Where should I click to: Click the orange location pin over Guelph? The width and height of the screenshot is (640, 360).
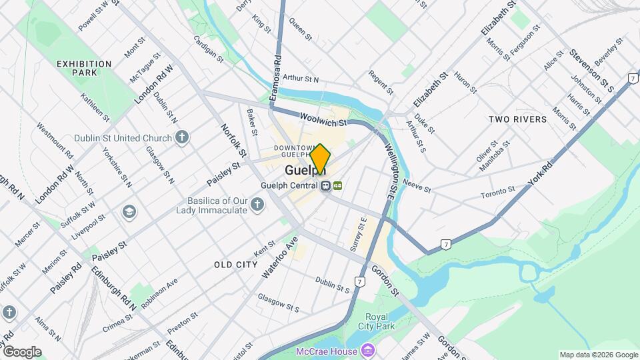[x=320, y=159]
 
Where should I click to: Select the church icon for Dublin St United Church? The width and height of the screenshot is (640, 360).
[x=182, y=138]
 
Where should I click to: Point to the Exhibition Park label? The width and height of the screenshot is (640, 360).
[x=84, y=68]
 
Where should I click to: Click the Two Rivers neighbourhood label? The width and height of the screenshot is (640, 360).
[x=517, y=119]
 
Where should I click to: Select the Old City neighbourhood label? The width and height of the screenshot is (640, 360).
[x=236, y=265]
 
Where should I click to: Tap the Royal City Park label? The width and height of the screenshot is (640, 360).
[x=380, y=321]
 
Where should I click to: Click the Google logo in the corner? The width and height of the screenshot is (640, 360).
[x=22, y=351]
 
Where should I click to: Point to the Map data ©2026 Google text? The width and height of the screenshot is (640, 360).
[x=597, y=355]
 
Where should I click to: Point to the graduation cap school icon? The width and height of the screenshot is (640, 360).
[x=128, y=212]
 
